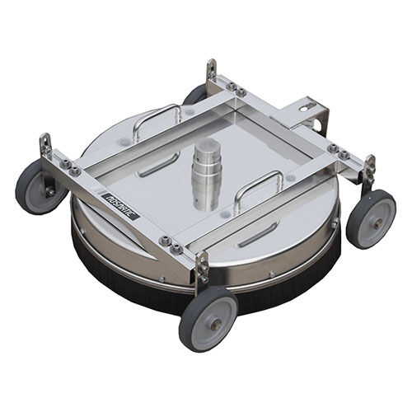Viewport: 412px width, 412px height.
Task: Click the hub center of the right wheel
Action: coord(373,219)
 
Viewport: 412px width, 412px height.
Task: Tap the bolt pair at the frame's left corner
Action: coord(70,167)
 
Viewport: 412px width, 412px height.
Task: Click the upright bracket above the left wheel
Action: coord(46,149)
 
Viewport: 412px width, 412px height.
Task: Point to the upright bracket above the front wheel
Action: coord(201,268)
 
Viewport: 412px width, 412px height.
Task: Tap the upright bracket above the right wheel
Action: coord(368,169)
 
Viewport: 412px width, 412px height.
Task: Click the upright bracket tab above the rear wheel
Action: coord(212,71)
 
